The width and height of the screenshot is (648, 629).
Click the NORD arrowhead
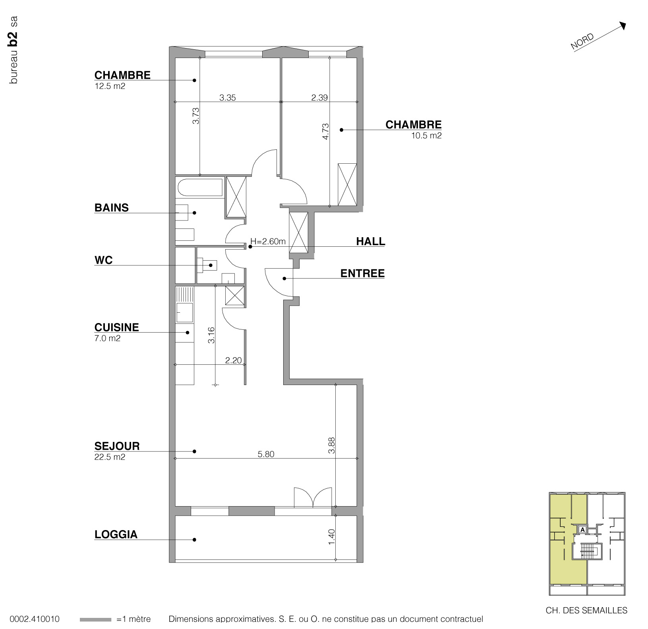(623, 25)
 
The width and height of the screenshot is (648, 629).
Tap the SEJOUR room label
(117, 446)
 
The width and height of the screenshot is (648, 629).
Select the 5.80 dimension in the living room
(266, 454)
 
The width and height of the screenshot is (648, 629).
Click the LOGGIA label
(116, 534)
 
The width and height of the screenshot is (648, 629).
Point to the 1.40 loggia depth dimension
(332, 537)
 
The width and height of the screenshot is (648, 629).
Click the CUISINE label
(117, 327)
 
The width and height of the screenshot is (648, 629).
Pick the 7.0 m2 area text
(107, 339)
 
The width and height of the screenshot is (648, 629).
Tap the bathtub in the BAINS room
(200, 188)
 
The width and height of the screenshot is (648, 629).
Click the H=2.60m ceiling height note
(268, 241)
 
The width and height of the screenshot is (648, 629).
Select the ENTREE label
(362, 273)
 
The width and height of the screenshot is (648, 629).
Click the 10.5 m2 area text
(426, 135)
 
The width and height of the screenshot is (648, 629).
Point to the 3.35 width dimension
(228, 97)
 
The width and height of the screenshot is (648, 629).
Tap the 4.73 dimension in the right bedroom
(325, 132)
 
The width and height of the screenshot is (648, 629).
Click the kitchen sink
(185, 313)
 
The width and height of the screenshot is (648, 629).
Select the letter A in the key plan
(582, 530)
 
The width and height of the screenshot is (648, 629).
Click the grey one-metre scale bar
(95, 619)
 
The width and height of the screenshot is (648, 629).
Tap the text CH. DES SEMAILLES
(586, 610)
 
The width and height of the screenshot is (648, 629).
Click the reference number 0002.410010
(35, 619)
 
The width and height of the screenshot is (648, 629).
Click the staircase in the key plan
(587, 550)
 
